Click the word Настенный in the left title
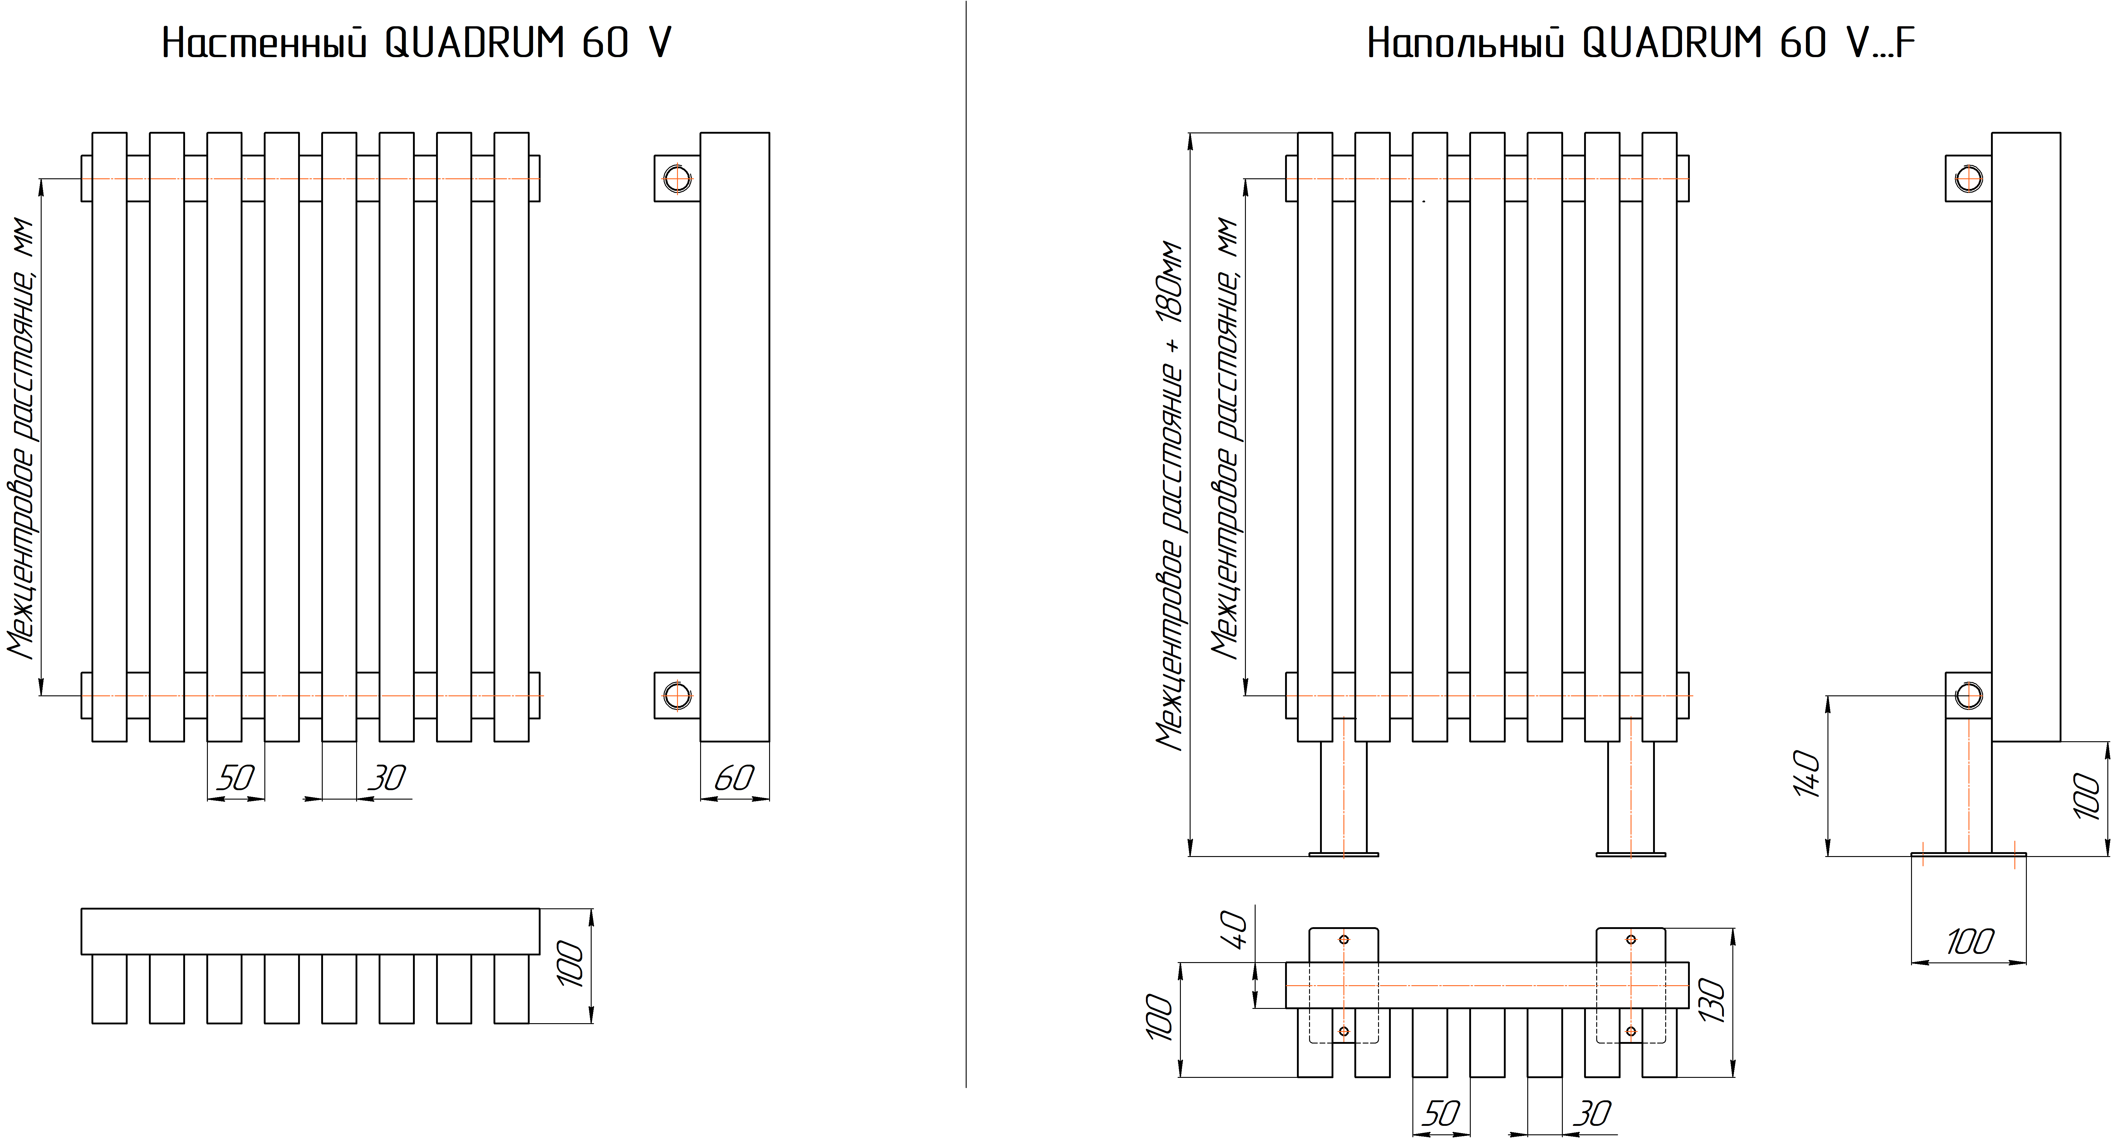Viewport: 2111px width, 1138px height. [264, 43]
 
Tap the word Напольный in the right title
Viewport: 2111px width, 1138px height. [1465, 43]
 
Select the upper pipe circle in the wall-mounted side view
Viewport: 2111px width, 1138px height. [677, 178]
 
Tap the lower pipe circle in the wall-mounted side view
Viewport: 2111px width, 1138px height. [677, 696]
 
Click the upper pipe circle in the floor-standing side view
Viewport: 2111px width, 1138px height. [1968, 178]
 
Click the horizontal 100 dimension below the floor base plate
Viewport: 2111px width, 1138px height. [1969, 942]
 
